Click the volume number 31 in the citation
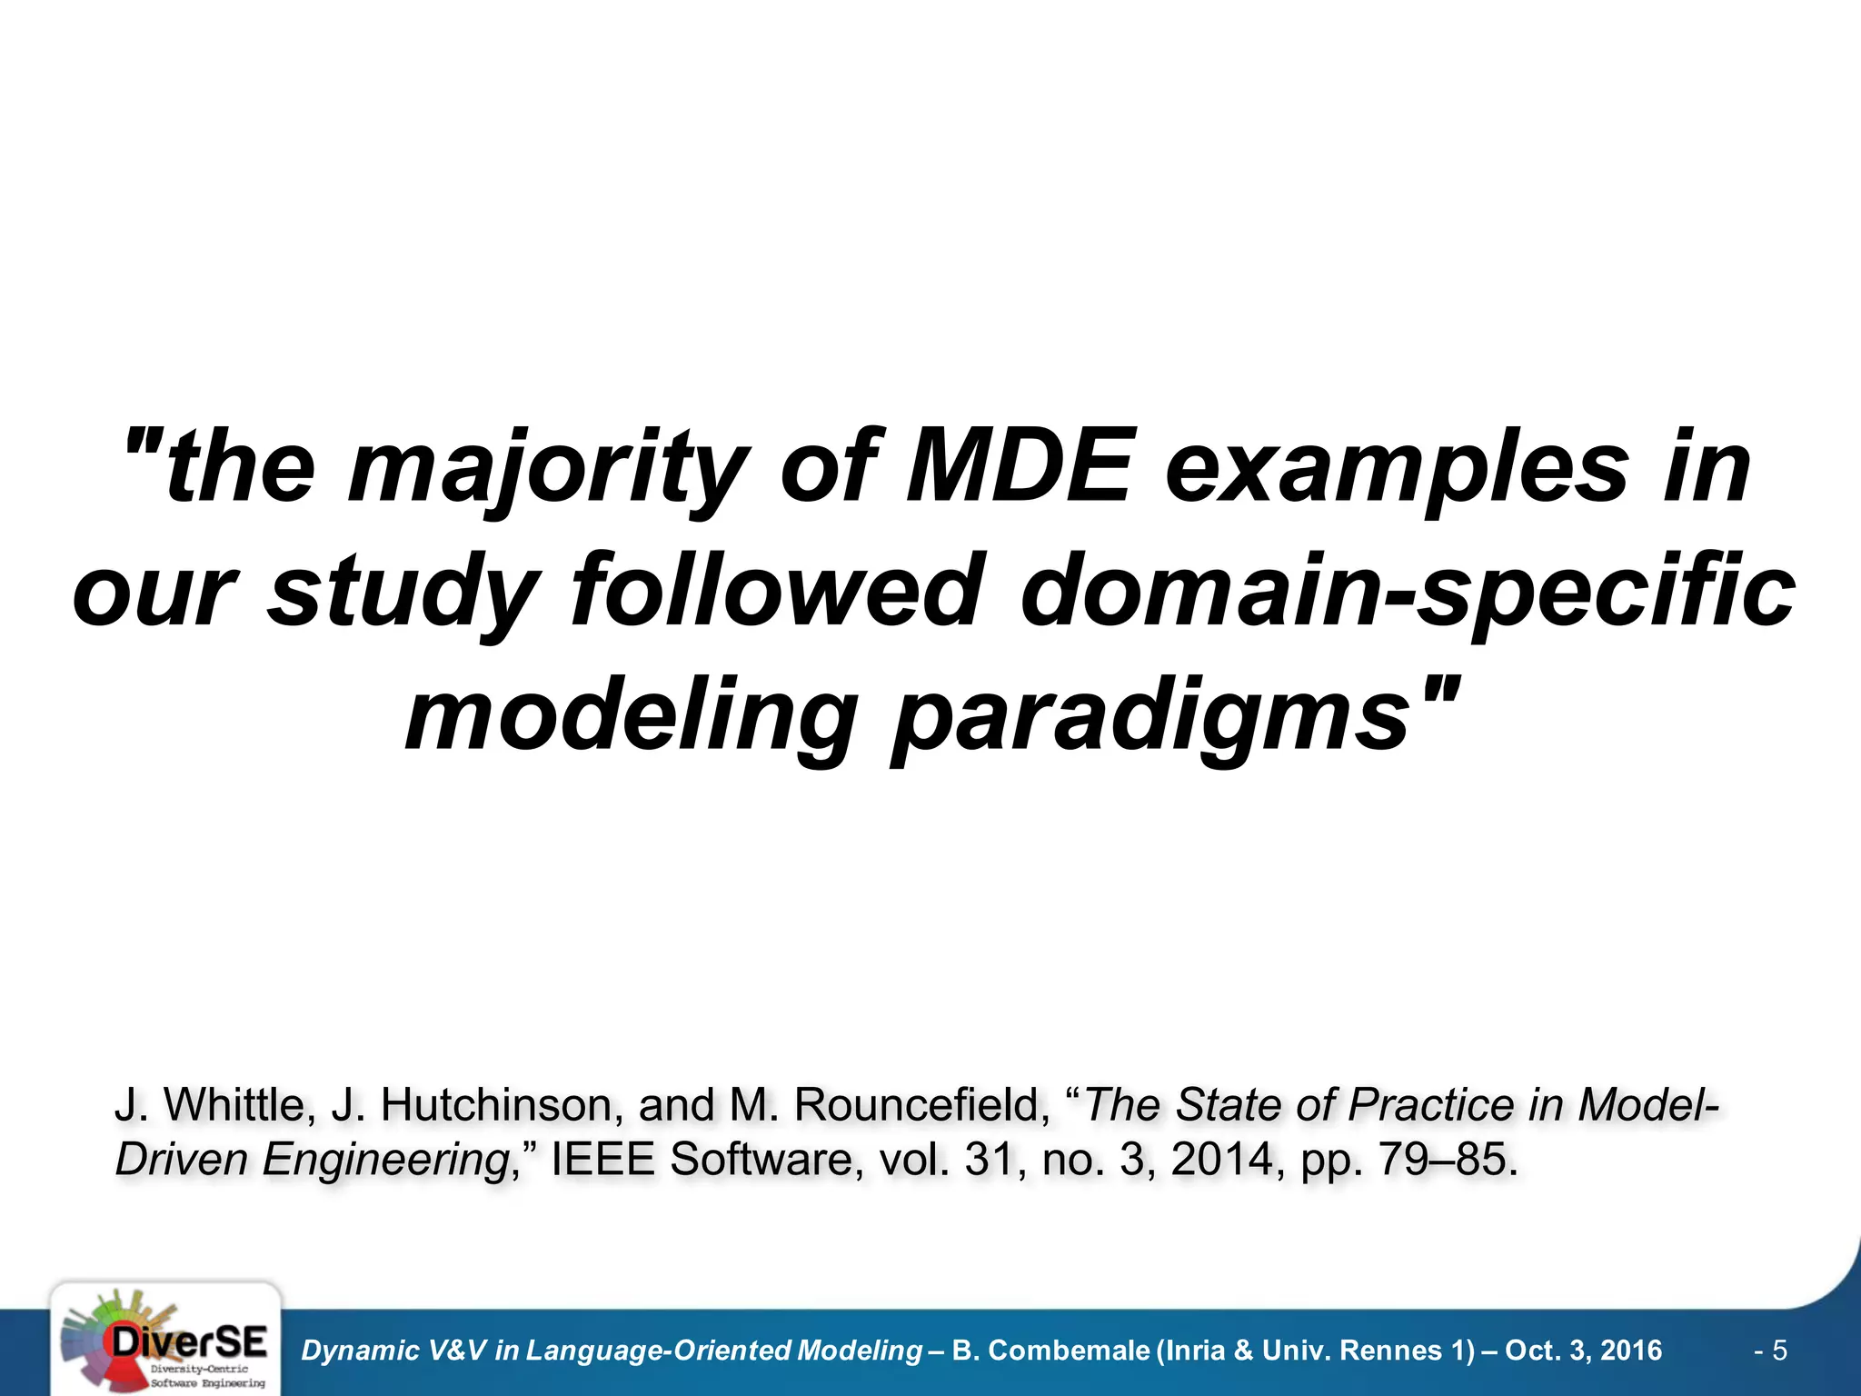coord(985,1160)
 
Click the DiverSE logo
coord(165,1341)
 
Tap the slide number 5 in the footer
coord(1779,1351)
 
